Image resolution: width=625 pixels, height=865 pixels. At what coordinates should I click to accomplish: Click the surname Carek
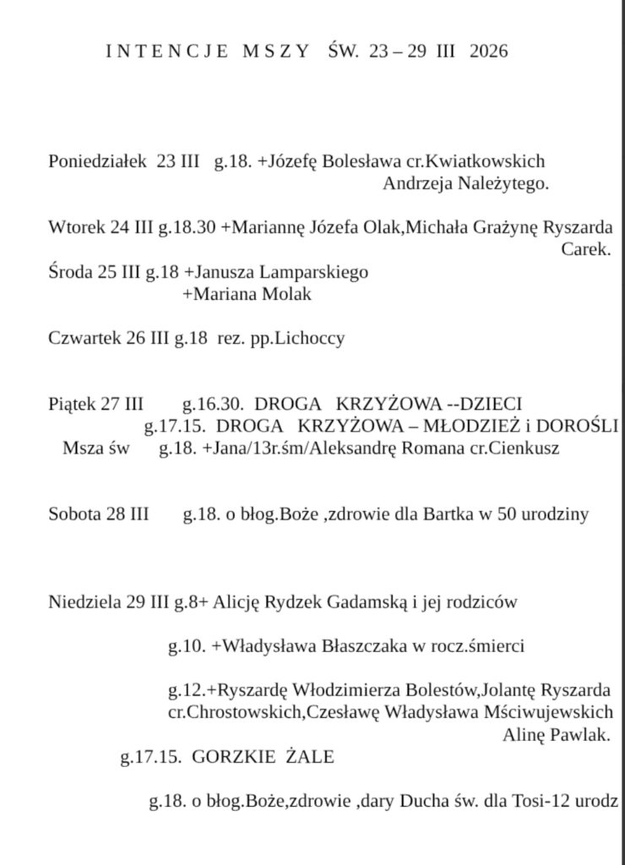584,250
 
